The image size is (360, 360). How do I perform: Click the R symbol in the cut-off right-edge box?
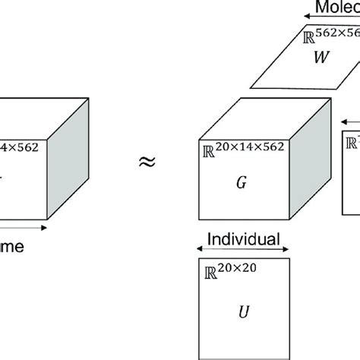coord(354,141)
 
